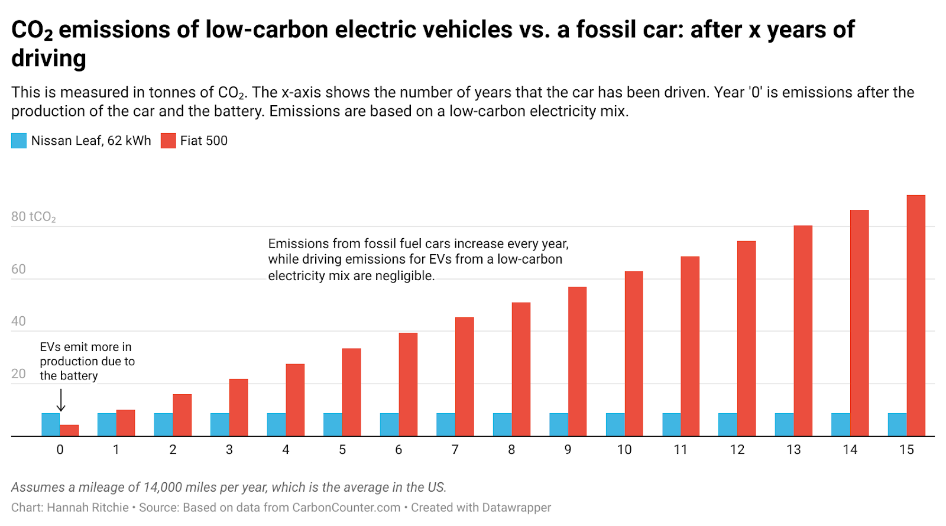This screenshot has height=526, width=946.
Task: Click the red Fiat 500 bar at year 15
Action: point(916,316)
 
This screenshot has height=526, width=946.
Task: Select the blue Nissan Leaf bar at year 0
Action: point(50,424)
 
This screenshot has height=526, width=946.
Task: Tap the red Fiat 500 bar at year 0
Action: point(69,430)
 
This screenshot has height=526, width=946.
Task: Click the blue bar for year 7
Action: point(446,424)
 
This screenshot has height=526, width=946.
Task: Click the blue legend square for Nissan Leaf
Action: point(19,141)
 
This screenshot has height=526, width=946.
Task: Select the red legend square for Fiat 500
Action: point(169,141)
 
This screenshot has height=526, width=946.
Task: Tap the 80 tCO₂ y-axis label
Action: point(33,217)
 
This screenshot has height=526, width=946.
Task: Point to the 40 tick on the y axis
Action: point(18,321)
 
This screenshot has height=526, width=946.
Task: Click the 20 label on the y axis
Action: point(18,374)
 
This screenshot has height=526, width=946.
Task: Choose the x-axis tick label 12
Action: point(737,450)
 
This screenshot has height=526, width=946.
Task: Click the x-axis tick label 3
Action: point(229,450)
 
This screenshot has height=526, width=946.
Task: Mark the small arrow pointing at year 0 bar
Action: point(60,401)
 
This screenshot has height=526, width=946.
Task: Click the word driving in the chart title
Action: point(48,59)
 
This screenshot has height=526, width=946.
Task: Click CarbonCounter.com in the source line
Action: point(346,508)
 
